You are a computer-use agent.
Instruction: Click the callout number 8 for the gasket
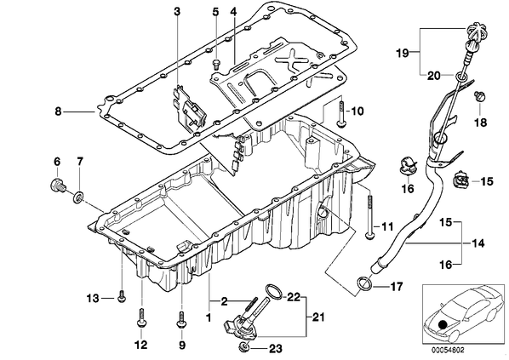click(58, 111)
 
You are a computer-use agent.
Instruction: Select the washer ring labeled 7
click(79, 197)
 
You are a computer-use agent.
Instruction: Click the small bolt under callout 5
click(216, 64)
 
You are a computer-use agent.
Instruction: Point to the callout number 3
click(176, 12)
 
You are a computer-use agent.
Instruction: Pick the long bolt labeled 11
click(369, 217)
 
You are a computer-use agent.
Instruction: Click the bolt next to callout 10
click(340, 113)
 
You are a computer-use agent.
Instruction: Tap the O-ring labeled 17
click(364, 283)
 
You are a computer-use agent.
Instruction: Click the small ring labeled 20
click(460, 77)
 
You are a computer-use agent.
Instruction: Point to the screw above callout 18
click(479, 96)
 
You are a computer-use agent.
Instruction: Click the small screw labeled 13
click(122, 297)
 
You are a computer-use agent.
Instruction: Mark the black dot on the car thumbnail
click(442, 326)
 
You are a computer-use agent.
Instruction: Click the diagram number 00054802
click(448, 351)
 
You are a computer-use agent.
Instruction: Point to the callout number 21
click(318, 317)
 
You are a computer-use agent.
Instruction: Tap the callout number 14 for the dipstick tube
click(478, 243)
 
